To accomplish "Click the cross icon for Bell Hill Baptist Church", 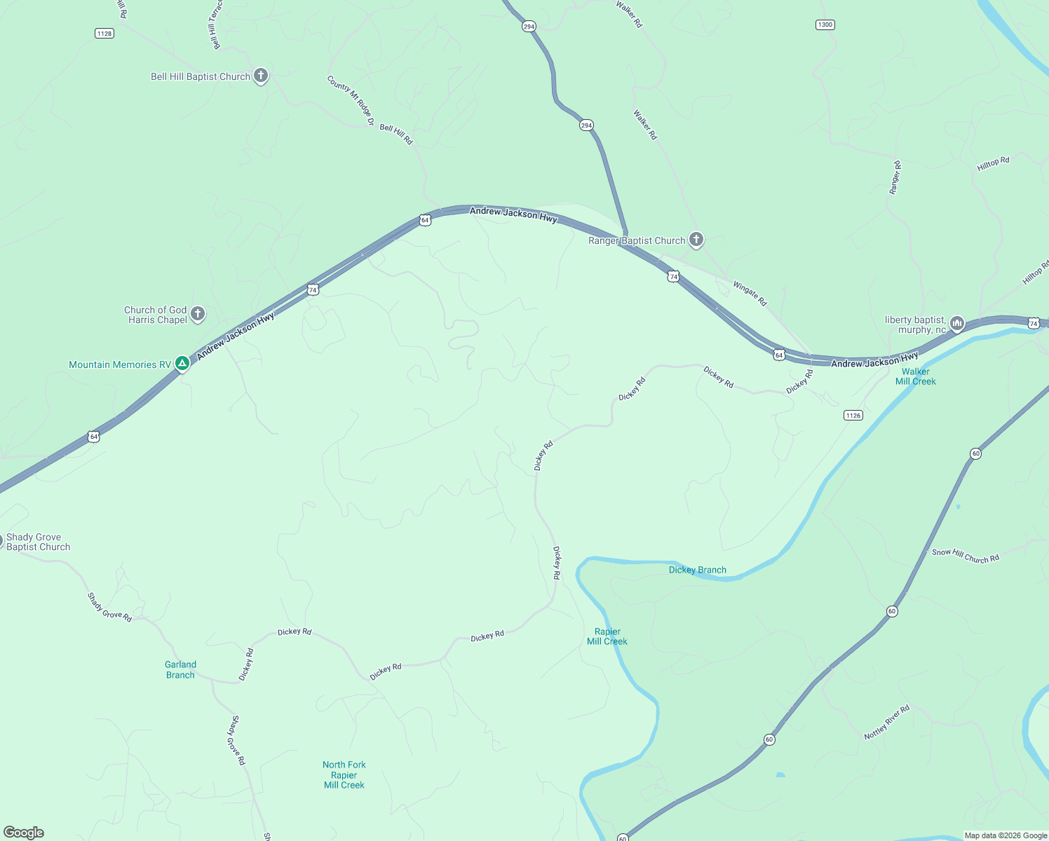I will click(260, 76).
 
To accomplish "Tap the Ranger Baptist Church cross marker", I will click(696, 240).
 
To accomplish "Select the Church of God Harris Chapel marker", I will click(198, 314).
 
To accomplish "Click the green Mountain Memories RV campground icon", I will click(182, 363).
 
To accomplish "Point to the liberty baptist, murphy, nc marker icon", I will click(957, 324).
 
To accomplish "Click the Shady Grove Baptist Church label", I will click(38, 542).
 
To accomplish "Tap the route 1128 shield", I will click(104, 33).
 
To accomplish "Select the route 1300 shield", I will click(825, 25).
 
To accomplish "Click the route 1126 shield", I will click(853, 416).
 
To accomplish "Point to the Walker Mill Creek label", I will click(915, 376).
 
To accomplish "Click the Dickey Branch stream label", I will click(697, 570).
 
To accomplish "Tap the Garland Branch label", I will click(180, 669).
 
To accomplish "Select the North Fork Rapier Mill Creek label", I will click(344, 774).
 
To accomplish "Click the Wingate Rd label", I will click(750, 293).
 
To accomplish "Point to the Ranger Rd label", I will click(895, 177).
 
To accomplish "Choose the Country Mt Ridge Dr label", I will click(351, 100).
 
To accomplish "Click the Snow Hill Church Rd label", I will click(965, 556).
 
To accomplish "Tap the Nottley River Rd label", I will click(886, 722).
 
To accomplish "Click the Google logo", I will click(24, 833).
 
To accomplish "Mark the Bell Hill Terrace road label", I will click(215, 25).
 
